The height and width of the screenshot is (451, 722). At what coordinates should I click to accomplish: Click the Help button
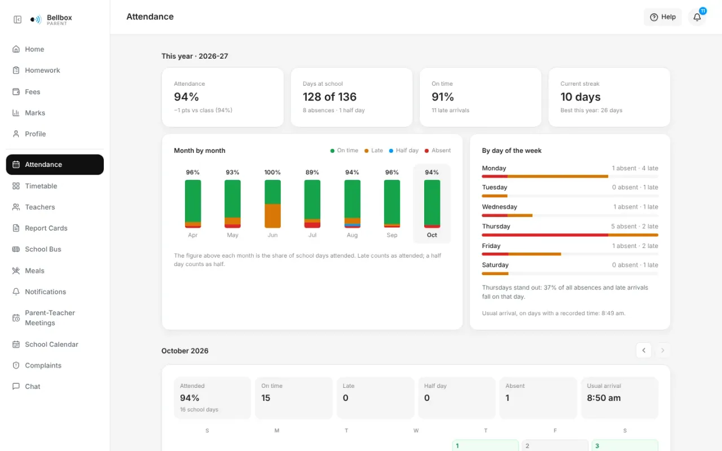click(x=663, y=17)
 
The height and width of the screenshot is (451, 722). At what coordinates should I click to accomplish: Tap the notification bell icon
click(x=697, y=17)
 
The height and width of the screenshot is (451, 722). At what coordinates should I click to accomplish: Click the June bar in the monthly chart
click(x=272, y=204)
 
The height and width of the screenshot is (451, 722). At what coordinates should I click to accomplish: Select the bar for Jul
click(x=312, y=204)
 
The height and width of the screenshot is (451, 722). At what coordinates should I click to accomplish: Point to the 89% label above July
click(x=312, y=173)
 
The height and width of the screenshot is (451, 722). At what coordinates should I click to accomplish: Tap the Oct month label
click(x=432, y=235)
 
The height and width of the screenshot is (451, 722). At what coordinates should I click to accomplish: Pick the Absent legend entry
click(x=438, y=151)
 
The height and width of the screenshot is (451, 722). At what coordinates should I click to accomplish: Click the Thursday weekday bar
click(x=570, y=235)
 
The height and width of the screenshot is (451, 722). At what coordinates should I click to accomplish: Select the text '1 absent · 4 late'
click(x=635, y=168)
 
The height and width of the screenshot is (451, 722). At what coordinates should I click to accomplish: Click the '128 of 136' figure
click(x=329, y=96)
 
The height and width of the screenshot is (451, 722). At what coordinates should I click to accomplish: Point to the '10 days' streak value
click(x=580, y=96)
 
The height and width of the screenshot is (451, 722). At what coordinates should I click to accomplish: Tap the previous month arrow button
click(x=644, y=350)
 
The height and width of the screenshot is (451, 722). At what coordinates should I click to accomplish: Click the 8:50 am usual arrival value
click(x=604, y=398)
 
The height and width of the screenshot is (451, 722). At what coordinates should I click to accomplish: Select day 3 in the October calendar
click(x=624, y=445)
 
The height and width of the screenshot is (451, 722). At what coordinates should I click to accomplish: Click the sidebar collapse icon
click(x=17, y=20)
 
